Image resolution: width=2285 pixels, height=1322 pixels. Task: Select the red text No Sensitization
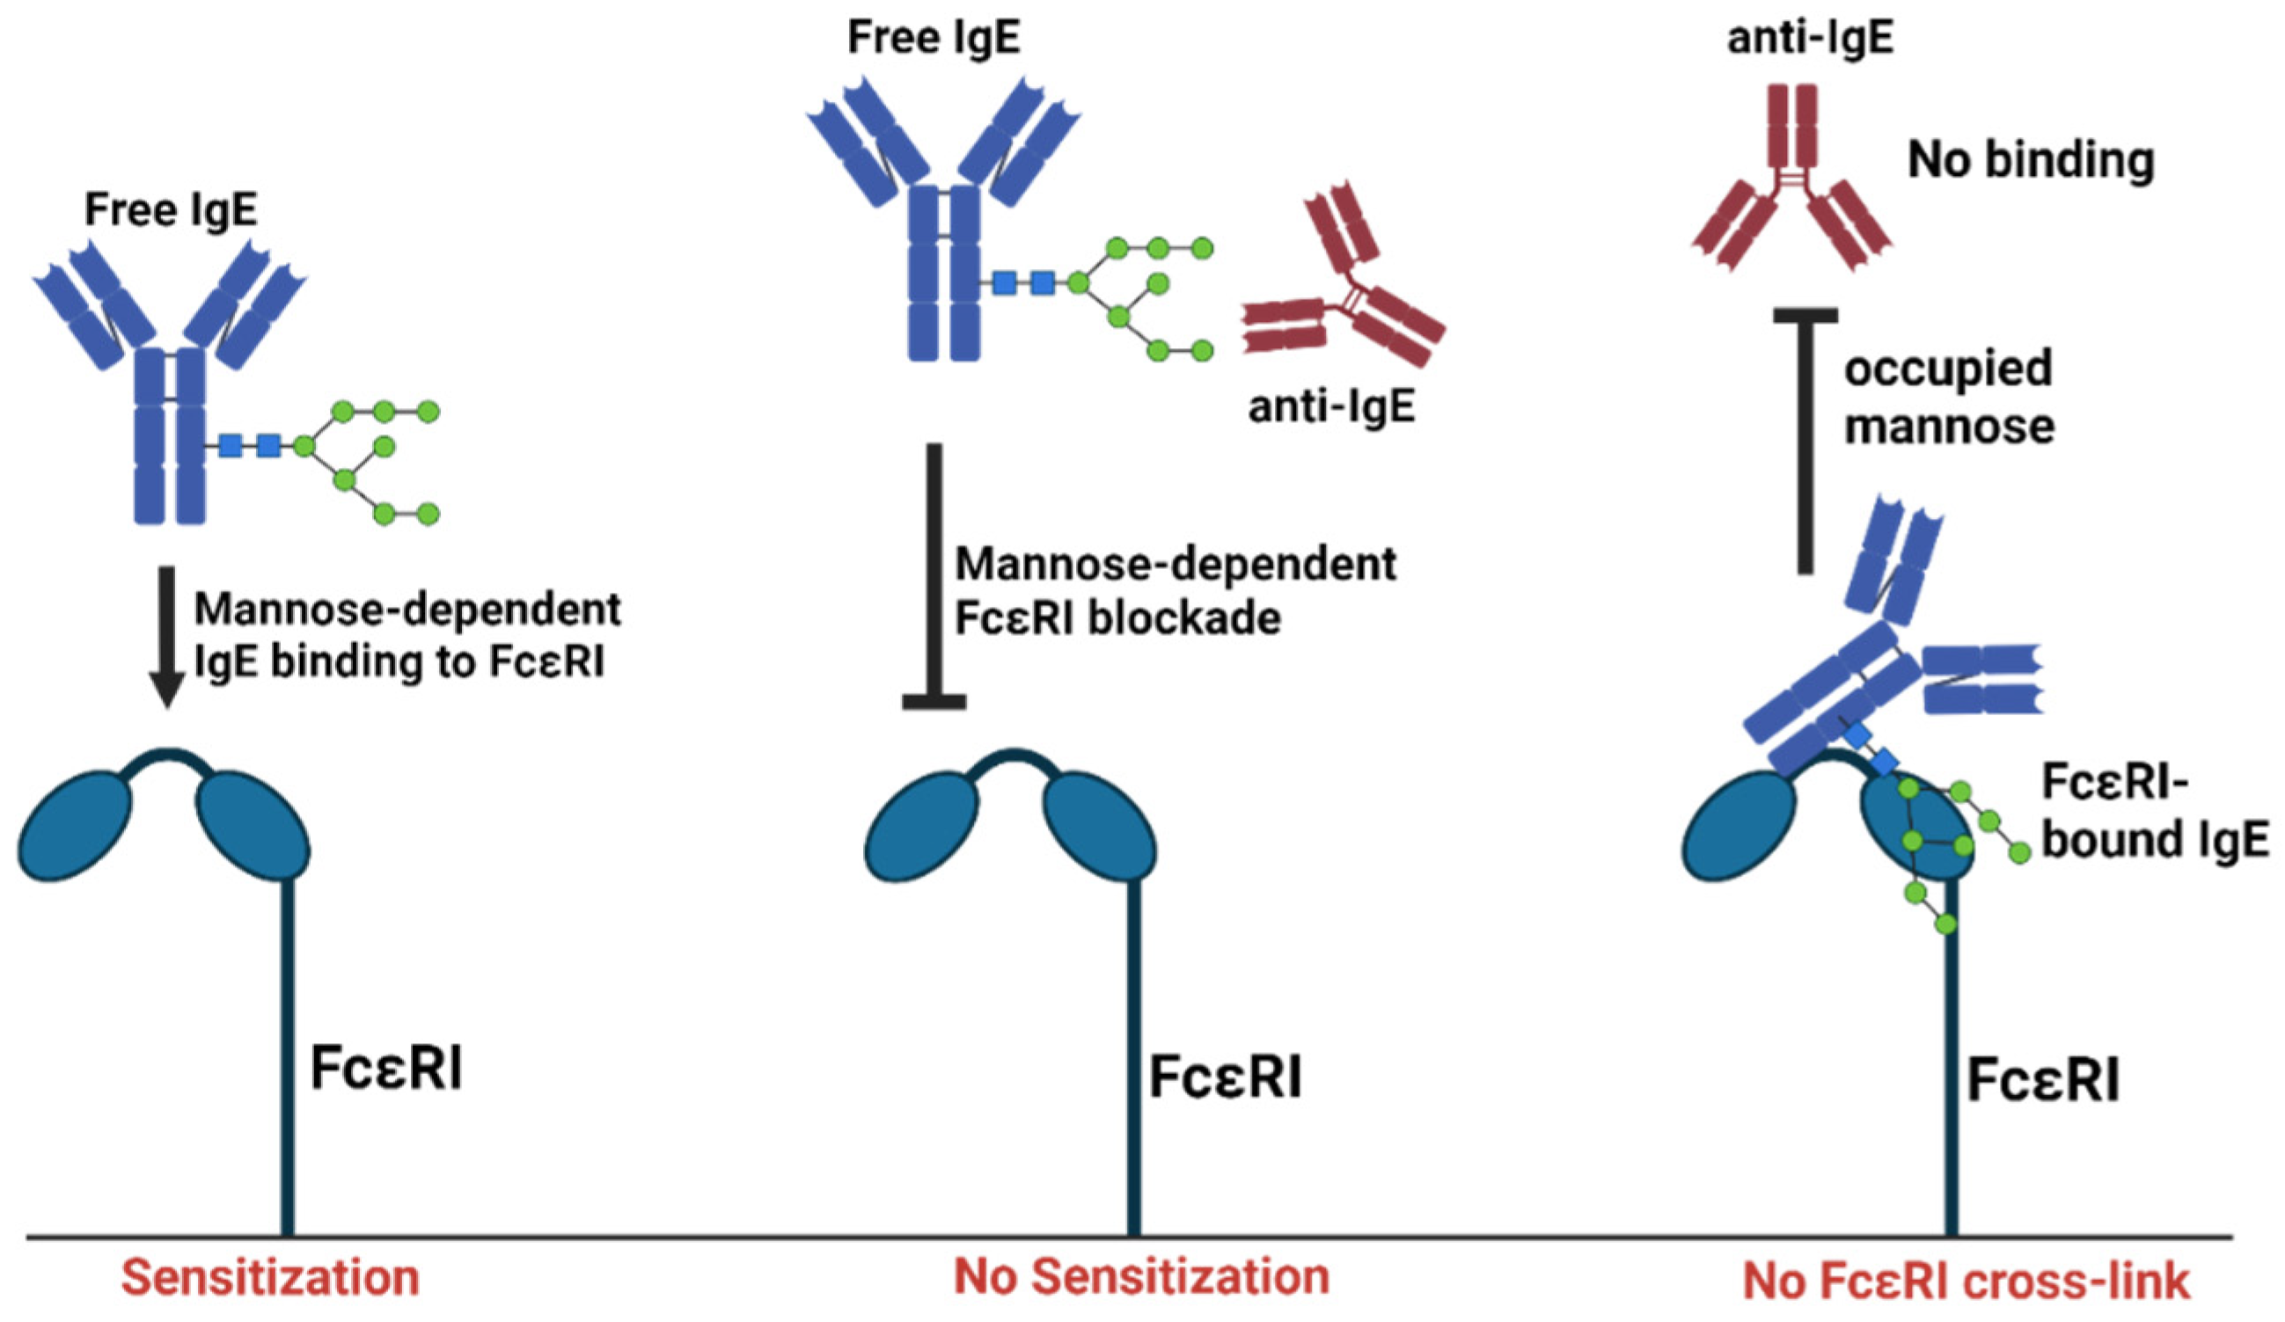pyautogui.click(x=1140, y=1275)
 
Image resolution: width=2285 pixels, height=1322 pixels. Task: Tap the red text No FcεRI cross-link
pyautogui.click(x=1966, y=1282)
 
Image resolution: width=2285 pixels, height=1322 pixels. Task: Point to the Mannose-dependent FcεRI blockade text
pyautogui.click(x=1175, y=591)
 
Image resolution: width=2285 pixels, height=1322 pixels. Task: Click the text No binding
pyautogui.click(x=2031, y=160)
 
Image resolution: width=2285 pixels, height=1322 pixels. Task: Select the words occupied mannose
pyautogui.click(x=1948, y=398)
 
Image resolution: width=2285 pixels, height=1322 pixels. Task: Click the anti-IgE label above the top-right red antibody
pyautogui.click(x=1810, y=40)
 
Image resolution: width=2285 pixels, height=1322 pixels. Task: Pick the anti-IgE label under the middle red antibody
pyautogui.click(x=1331, y=407)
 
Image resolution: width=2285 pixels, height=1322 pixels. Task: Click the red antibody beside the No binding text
pyautogui.click(x=1791, y=190)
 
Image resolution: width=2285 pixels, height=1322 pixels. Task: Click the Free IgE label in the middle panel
pyautogui.click(x=933, y=38)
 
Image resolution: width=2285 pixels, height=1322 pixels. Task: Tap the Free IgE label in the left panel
pyautogui.click(x=171, y=210)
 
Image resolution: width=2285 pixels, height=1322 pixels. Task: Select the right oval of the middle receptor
pyautogui.click(x=1100, y=824)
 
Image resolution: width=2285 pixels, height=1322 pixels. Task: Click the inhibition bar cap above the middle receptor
pyautogui.click(x=934, y=701)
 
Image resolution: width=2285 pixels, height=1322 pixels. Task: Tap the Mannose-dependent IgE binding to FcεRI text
pyautogui.click(x=407, y=636)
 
